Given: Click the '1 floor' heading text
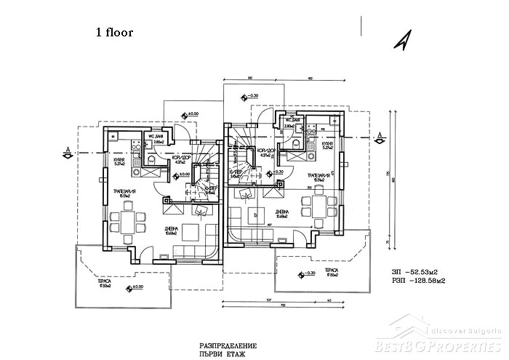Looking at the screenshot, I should point(114,33).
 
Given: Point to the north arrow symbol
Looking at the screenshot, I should point(401,41).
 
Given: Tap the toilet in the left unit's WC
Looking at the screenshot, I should point(148,159).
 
